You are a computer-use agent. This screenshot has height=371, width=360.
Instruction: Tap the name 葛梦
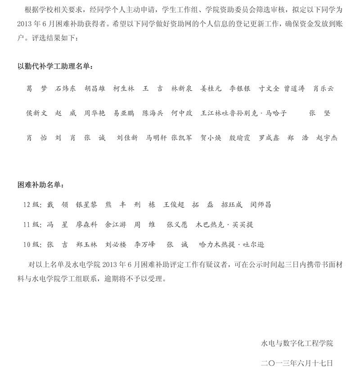tap(36, 89)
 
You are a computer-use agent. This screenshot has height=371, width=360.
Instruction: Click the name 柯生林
tap(124, 89)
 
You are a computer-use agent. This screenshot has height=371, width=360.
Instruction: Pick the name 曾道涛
tap(294, 89)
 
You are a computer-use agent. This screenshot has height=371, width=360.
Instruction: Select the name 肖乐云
tap(324, 89)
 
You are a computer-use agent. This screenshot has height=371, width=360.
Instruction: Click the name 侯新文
tap(36, 113)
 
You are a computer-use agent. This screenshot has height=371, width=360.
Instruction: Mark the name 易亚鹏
tap(124, 113)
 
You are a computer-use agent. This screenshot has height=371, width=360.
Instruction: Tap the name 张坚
tap(319, 113)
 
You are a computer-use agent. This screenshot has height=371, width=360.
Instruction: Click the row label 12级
tap(32, 205)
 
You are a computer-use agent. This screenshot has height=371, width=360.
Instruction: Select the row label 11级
tap(32, 224)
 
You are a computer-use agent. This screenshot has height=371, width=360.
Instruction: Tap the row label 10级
tap(32, 245)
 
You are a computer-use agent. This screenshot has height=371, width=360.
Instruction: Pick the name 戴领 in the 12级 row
tap(58, 205)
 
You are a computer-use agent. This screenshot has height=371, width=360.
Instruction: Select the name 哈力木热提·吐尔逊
tap(231, 245)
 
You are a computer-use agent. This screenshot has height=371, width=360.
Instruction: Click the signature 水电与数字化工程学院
tap(297, 344)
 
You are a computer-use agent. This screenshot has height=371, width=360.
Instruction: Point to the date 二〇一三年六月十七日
tap(297, 362)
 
